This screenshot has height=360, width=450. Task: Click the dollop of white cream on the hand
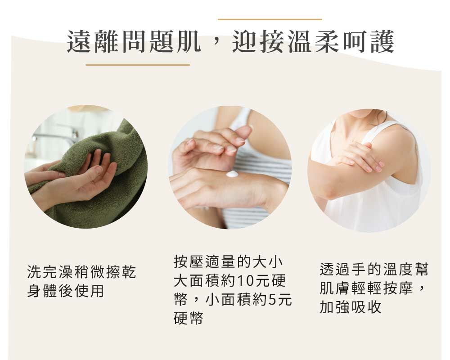(x=232, y=174)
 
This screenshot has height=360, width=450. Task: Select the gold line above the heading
(x=270, y=19)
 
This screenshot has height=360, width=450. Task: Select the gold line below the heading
(x=138, y=65)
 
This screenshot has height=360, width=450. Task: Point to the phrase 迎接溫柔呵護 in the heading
(x=314, y=42)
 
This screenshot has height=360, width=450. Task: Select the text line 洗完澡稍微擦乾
(x=81, y=272)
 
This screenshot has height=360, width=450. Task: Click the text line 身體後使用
(x=66, y=291)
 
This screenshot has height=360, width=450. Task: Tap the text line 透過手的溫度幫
(x=374, y=270)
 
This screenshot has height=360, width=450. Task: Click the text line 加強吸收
(x=351, y=307)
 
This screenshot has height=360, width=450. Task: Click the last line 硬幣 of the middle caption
(x=189, y=318)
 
